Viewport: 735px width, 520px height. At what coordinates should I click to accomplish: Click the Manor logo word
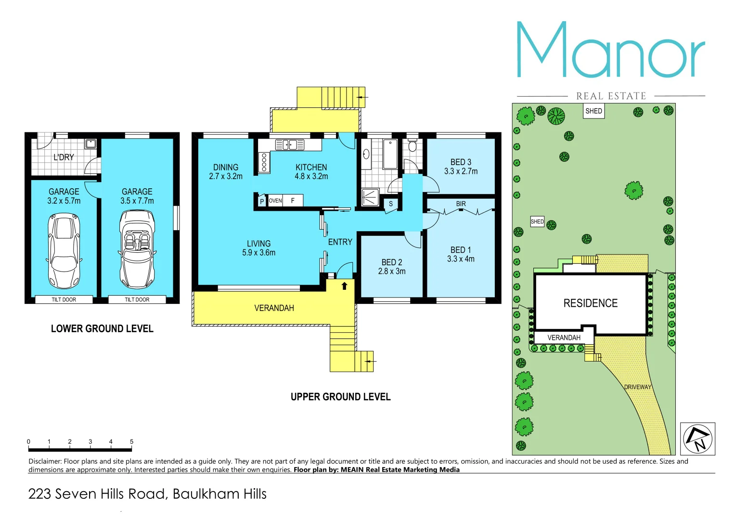click(x=610, y=50)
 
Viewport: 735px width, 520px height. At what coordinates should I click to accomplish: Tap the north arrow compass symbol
click(x=697, y=439)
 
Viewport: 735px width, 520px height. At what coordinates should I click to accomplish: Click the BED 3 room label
click(x=461, y=162)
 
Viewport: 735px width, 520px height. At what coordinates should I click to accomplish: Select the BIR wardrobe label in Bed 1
click(x=461, y=204)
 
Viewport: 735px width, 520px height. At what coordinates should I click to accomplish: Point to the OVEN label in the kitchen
click(x=275, y=201)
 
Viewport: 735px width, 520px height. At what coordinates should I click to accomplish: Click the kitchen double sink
click(x=289, y=144)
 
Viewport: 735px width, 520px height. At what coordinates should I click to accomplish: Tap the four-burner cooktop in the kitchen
click(x=264, y=162)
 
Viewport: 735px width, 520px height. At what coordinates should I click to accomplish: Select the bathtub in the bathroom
click(x=390, y=154)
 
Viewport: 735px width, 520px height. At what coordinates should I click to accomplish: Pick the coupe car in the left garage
click(x=64, y=250)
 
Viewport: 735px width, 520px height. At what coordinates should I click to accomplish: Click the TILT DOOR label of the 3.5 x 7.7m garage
click(x=137, y=299)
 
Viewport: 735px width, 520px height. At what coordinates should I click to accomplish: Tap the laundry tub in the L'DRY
click(x=90, y=143)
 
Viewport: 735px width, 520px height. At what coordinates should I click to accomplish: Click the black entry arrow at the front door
click(x=344, y=286)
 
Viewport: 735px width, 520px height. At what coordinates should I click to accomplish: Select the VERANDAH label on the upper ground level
click(x=274, y=308)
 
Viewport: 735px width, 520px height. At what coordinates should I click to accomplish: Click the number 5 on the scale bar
click(x=131, y=442)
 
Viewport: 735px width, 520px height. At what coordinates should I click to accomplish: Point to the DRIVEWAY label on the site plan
click(x=637, y=387)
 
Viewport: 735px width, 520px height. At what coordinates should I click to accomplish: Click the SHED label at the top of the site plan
click(x=593, y=111)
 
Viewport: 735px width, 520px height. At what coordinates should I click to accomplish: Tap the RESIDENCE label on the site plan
click(x=590, y=303)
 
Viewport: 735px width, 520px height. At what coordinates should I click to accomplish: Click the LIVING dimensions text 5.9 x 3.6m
click(x=258, y=253)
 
